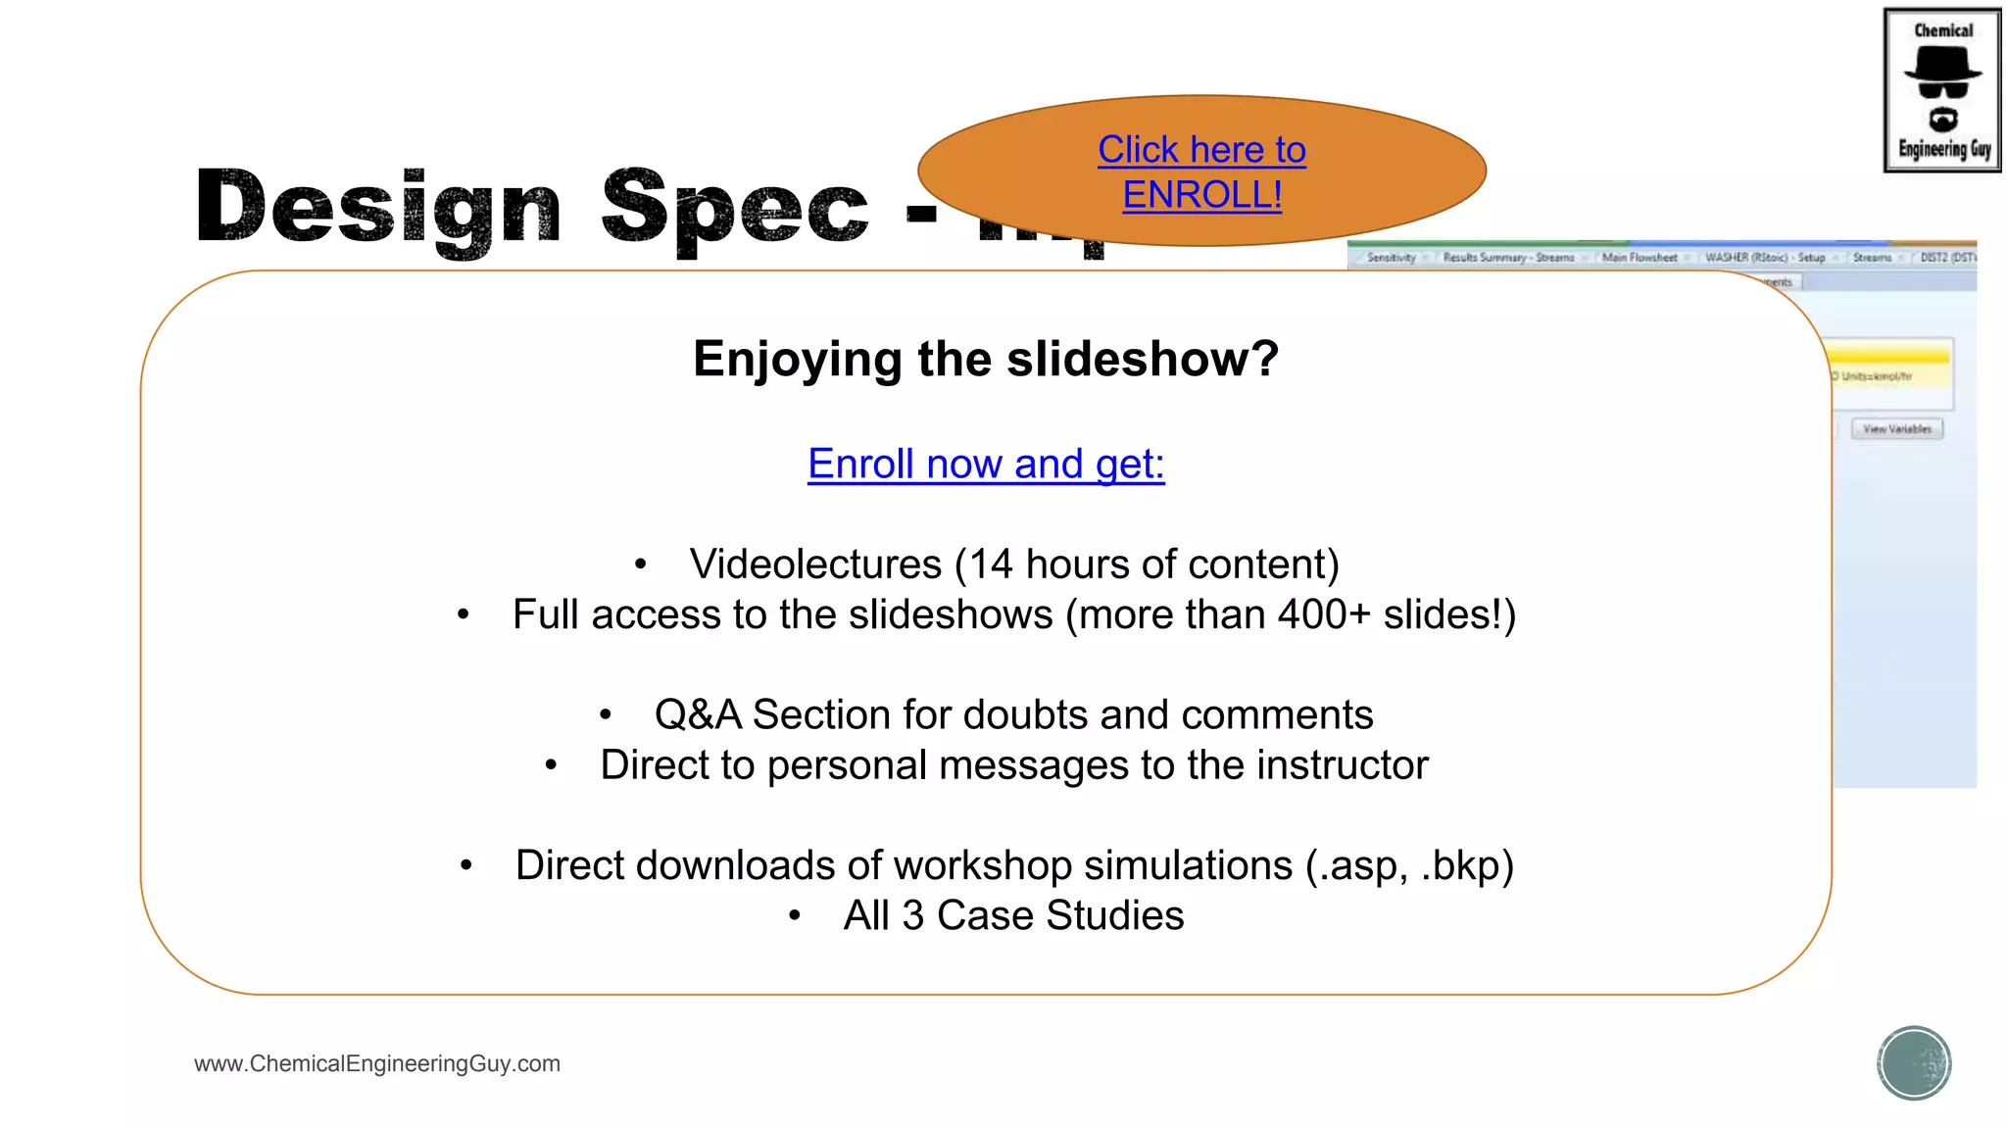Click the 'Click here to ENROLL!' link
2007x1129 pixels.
[x=1201, y=172]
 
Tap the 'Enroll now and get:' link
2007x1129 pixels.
[x=986, y=464]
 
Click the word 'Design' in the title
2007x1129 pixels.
[x=378, y=209]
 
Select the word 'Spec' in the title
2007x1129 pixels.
[x=734, y=209]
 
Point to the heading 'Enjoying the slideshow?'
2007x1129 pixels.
[x=986, y=359]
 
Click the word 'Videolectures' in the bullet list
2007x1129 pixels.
[x=815, y=564]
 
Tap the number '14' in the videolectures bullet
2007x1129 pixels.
[x=991, y=564]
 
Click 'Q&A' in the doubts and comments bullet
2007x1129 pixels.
[x=698, y=714]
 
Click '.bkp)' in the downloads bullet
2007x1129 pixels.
[x=1467, y=865]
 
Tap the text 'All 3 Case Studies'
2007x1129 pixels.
[x=1013, y=915]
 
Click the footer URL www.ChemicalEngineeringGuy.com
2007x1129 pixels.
[x=377, y=1063]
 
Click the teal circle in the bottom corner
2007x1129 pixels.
[x=1914, y=1063]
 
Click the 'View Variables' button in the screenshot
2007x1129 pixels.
[x=1896, y=429]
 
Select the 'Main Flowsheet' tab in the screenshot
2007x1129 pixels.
[x=1640, y=258]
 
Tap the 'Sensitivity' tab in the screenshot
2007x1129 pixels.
[x=1391, y=258]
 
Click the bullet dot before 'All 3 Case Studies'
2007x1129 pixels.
[x=795, y=916]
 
